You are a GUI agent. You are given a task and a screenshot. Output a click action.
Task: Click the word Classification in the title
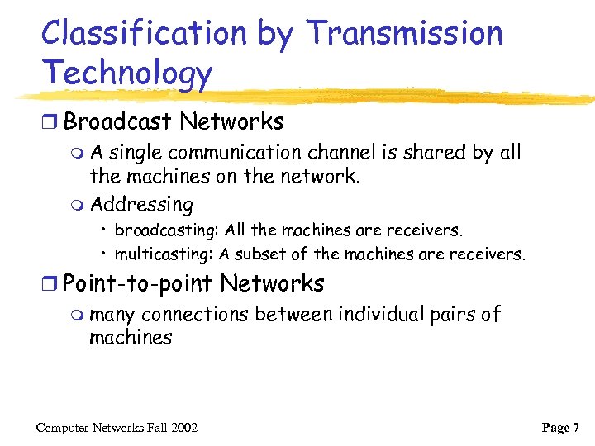click(143, 34)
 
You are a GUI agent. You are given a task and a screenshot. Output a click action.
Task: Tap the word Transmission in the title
click(404, 34)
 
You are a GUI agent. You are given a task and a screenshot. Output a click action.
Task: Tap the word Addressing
click(141, 204)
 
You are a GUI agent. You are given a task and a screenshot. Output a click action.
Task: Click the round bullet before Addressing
click(78, 204)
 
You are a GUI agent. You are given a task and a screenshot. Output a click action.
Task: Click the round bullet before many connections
click(78, 316)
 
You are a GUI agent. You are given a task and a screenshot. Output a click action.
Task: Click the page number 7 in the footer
click(575, 428)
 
